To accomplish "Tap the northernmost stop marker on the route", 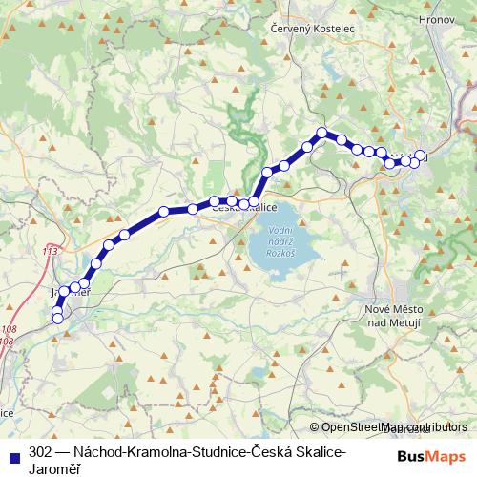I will tap(322, 133).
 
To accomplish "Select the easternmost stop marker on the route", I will tap(420, 156).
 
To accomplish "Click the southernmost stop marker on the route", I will tap(57, 319).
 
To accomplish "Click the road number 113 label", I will tap(50, 251).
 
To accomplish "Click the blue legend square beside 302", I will tap(14, 451).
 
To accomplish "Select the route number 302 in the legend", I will tap(40, 451).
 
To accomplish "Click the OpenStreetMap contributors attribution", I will tap(395, 428).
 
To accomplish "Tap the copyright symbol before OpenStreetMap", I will tap(315, 428).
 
